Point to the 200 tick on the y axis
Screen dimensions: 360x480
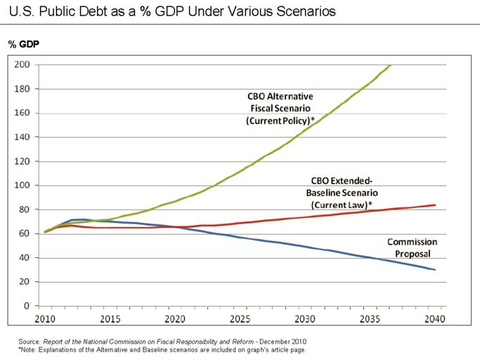(22, 65)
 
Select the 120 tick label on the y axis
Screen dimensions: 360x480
(22, 161)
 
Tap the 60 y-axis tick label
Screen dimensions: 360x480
(25, 233)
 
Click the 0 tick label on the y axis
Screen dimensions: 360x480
(27, 306)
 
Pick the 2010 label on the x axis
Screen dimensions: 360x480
(44, 319)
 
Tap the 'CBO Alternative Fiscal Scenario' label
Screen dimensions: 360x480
(280, 108)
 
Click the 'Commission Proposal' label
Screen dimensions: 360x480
(412, 247)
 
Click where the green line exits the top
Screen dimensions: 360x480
(391, 65)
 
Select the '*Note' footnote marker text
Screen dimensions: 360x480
(29, 349)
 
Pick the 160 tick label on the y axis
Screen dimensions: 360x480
(22, 113)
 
